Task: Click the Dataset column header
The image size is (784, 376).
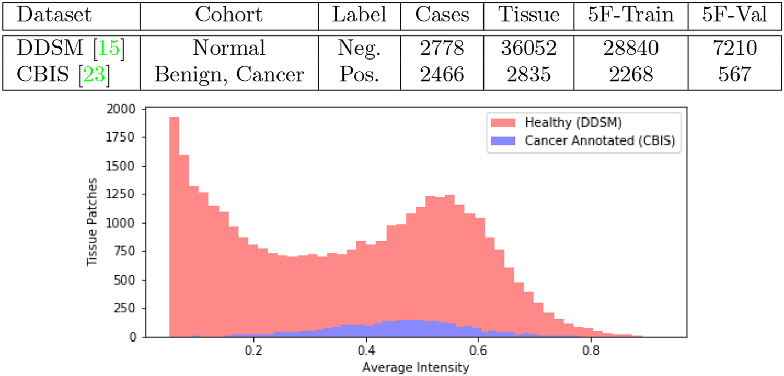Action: [54, 15]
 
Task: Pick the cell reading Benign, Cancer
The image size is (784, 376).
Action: [229, 74]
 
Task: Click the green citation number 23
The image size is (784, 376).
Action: [98, 74]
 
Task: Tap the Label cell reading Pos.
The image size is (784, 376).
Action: [360, 74]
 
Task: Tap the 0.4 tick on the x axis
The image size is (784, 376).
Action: [366, 348]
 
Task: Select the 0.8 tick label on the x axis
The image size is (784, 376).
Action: [591, 348]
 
